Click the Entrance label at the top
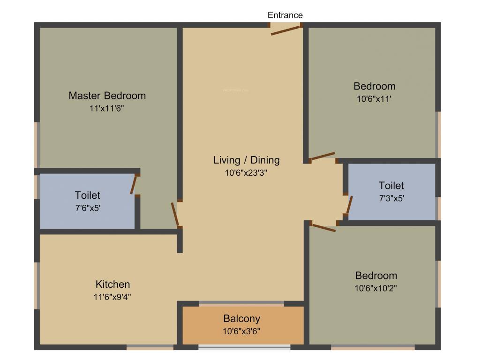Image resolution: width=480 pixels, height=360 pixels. (x=285, y=15)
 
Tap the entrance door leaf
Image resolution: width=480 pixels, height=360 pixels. (x=285, y=30)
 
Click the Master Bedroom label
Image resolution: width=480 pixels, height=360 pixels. (x=107, y=96)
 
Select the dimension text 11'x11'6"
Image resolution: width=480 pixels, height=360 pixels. (x=107, y=108)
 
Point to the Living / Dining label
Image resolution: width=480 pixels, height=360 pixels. (x=246, y=160)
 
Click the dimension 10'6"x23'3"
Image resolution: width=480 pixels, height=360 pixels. (x=246, y=172)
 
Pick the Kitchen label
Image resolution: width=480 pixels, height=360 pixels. (x=112, y=284)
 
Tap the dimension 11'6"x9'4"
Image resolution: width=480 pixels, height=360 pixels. (x=112, y=296)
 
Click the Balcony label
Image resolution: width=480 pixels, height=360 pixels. (x=241, y=319)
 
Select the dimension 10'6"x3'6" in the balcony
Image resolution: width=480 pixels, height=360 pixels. (x=241, y=331)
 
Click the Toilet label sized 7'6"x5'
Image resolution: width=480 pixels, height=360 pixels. (x=87, y=195)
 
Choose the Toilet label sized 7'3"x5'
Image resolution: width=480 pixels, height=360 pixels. (x=391, y=186)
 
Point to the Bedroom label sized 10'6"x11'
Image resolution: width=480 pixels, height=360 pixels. (x=374, y=86)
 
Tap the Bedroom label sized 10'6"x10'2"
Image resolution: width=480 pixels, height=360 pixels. (x=376, y=276)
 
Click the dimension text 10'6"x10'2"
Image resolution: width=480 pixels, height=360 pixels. (x=376, y=288)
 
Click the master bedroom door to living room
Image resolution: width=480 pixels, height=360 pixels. (x=175, y=214)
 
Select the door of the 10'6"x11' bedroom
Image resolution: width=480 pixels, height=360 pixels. (x=323, y=156)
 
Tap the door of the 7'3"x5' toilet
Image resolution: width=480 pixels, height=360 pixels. (x=349, y=205)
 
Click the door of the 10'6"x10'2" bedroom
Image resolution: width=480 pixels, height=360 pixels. (x=323, y=228)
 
